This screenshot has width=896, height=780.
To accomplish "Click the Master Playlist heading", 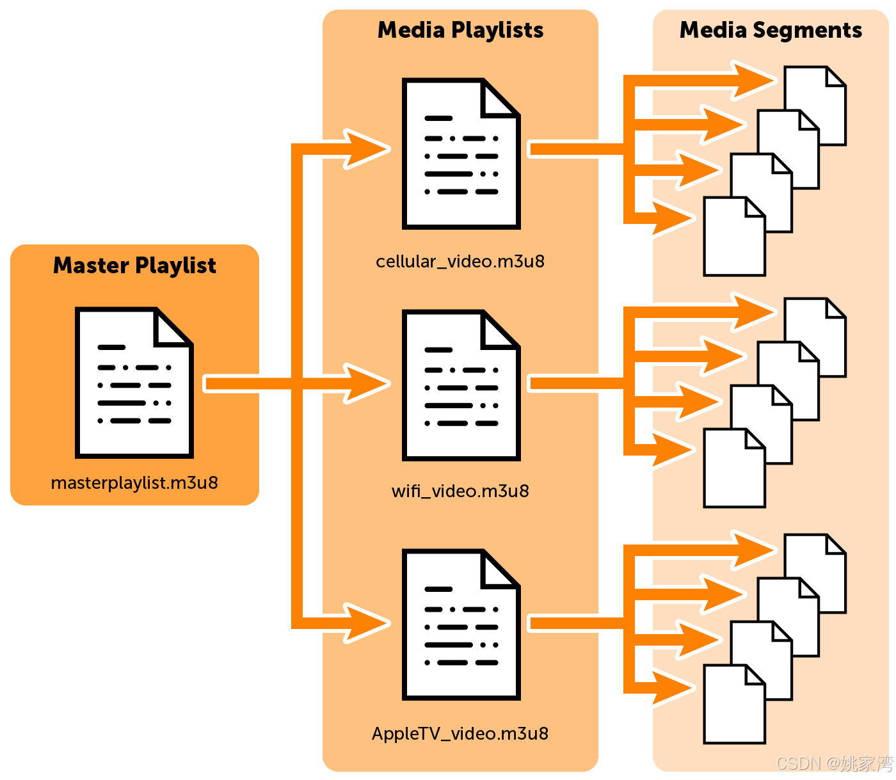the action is [134, 266].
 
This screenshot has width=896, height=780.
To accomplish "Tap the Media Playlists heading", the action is [460, 31].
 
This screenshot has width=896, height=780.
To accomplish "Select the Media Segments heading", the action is [771, 31].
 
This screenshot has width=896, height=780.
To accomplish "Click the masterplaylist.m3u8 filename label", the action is [134, 483].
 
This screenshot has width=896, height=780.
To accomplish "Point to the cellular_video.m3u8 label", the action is [460, 262].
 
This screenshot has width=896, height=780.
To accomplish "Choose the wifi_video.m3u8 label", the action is [460, 491].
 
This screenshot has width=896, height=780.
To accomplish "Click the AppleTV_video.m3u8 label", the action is [460, 733].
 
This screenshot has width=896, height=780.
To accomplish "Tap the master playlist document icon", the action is [134, 383].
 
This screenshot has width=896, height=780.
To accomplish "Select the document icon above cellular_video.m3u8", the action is [461, 154].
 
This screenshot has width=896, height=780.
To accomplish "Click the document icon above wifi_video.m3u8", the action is [461, 385].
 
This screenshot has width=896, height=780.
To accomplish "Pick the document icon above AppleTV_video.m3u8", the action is [461, 625].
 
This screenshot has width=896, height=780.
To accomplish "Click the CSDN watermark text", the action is [835, 763].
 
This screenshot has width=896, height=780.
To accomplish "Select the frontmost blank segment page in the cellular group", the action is [734, 237].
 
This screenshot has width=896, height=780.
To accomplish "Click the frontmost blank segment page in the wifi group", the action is [734, 468].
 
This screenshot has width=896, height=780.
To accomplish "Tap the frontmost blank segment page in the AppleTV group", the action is [734, 704].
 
